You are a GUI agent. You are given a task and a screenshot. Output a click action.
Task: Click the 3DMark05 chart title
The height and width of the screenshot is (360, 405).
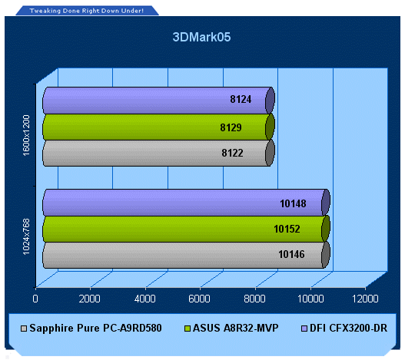(201, 37)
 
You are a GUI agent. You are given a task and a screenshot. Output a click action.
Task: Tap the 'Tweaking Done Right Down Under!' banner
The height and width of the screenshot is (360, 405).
(87, 11)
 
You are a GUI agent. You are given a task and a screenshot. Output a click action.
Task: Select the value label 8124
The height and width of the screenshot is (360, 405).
(241, 99)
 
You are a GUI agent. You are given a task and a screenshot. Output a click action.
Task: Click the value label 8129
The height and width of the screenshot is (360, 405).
(231, 127)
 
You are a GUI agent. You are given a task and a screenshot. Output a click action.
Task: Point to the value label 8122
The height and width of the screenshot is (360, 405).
(232, 153)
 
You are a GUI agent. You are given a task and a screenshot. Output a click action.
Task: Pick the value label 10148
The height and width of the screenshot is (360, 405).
(293, 203)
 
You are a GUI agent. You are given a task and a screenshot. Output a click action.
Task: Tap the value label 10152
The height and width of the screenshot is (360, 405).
(287, 229)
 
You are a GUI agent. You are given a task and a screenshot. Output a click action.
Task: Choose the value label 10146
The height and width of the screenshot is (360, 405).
(291, 254)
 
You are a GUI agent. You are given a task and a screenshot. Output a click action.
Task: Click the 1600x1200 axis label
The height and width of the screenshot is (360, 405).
(26, 136)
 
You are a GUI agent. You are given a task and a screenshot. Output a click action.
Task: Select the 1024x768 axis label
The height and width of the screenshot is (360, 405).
(26, 236)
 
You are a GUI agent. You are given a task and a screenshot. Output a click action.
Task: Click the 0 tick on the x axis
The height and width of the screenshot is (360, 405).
(35, 299)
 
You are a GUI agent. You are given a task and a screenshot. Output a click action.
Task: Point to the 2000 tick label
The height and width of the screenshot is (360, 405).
(89, 299)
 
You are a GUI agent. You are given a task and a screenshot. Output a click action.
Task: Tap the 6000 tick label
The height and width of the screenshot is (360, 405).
(199, 299)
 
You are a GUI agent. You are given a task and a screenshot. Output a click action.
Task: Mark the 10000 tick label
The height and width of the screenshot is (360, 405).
(310, 299)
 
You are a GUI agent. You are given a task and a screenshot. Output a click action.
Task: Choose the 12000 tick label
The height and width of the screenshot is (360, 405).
(365, 299)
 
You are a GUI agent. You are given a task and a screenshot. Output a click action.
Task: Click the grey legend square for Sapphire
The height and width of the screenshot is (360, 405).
(24, 329)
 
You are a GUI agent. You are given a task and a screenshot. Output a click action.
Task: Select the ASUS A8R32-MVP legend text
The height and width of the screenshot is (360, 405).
(236, 328)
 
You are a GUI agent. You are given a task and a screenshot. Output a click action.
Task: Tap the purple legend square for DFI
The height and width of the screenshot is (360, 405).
(304, 329)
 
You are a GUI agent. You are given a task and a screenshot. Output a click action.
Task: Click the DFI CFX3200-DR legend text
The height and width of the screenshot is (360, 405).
(348, 328)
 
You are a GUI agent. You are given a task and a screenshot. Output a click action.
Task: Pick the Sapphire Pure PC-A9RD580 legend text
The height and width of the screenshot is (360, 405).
(95, 328)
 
